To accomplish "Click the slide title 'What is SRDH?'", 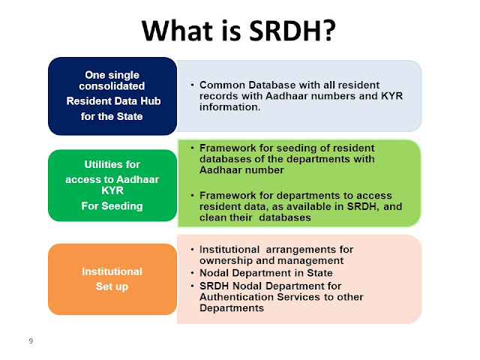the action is point(238,31).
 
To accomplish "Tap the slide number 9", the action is point(31,340).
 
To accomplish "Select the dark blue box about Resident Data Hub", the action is point(112,96).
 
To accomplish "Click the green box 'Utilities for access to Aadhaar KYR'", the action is point(112,185).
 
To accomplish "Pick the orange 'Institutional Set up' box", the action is point(112,279).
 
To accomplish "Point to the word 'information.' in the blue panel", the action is point(230,107).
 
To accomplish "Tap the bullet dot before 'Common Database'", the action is point(192,85).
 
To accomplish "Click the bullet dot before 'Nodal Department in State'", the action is point(192,272).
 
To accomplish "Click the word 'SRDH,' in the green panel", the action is point(363,206).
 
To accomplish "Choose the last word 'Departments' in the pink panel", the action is point(232,308).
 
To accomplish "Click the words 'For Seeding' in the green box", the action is point(112,206).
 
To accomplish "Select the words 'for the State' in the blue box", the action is point(112,117).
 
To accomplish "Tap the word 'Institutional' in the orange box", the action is point(112,271).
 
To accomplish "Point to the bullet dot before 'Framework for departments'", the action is point(192,195).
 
